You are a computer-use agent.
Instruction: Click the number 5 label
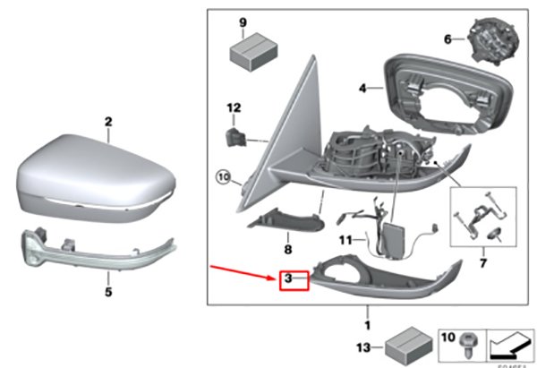(x=107, y=291)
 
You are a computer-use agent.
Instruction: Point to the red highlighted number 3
(x=290, y=280)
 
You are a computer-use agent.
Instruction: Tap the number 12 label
(x=233, y=108)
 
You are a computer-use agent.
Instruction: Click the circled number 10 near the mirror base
(x=224, y=176)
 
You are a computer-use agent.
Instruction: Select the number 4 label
(x=362, y=88)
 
